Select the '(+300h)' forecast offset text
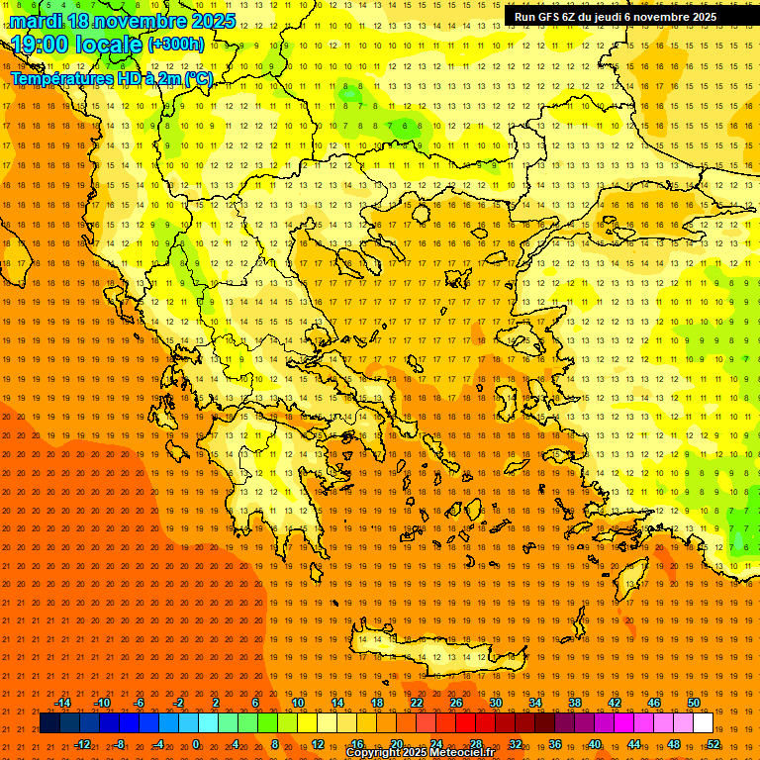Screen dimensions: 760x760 [x=175, y=45]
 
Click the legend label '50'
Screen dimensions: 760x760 [x=693, y=703]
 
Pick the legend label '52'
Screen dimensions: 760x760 [x=713, y=744]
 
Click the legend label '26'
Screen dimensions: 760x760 [x=456, y=703]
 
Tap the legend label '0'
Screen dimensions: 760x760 [x=196, y=744]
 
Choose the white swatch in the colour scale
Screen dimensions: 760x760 [x=703, y=723]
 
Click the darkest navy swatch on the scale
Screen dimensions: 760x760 [x=49, y=723]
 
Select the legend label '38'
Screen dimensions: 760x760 [x=575, y=703]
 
